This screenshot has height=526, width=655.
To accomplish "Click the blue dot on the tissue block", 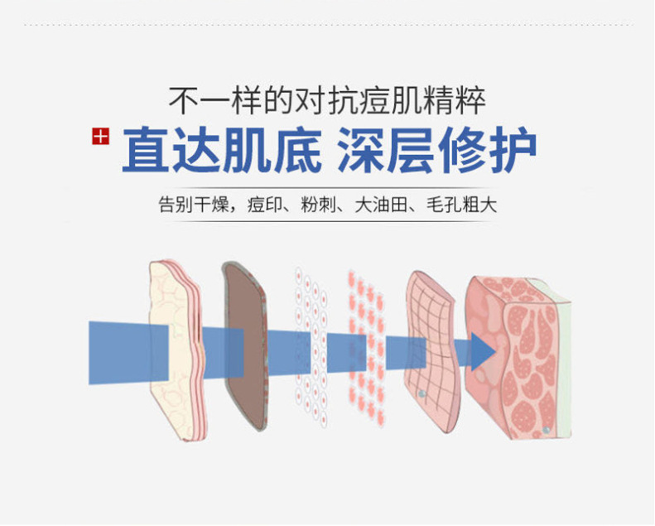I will (546, 432).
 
